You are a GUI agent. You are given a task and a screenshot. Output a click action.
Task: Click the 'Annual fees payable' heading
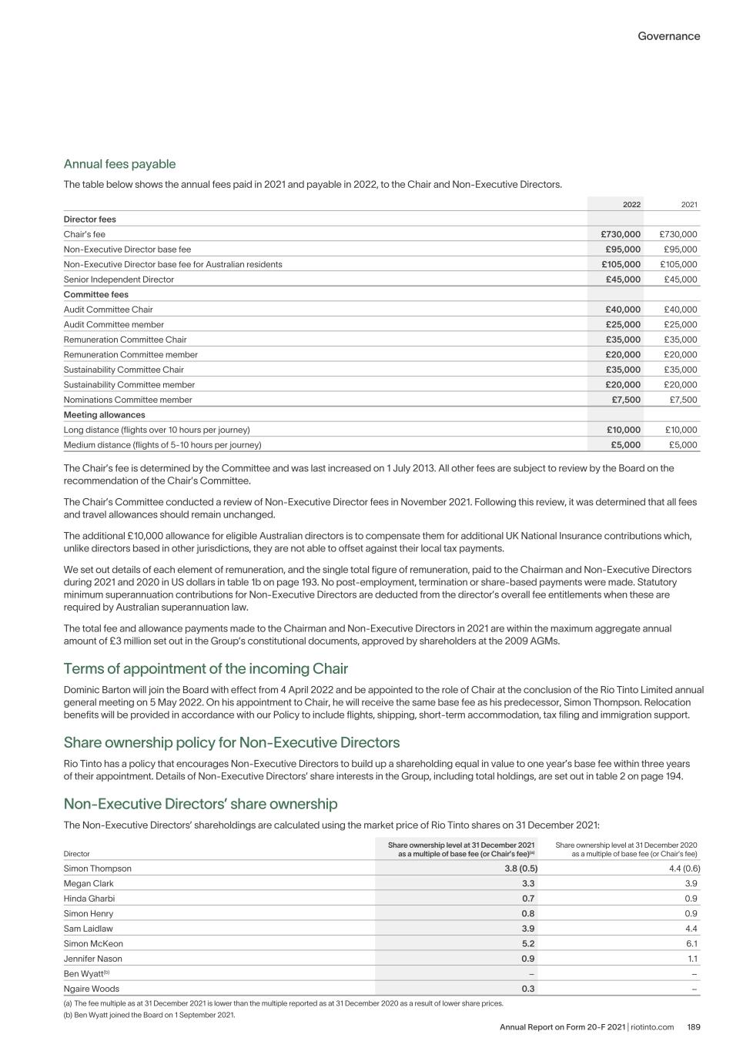coord(119,164)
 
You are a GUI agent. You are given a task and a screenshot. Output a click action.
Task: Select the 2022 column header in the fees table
coord(631,204)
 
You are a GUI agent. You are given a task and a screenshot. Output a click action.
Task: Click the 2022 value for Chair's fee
coord(621,234)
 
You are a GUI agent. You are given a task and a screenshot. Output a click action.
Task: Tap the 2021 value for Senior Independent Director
coord(681,279)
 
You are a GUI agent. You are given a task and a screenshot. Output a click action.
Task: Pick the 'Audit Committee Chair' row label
coord(108,310)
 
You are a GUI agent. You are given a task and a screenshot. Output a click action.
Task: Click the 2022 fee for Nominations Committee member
coord(625,400)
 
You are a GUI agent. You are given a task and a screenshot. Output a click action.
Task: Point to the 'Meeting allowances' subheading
coord(104,415)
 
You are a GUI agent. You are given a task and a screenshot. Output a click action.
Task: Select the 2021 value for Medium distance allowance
coord(682,445)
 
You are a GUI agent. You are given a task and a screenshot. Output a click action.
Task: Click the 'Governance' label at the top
coord(668,36)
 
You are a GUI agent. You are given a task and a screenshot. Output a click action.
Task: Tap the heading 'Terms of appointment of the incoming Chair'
coord(206,668)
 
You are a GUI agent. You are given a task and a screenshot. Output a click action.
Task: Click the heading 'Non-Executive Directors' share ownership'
coord(200,804)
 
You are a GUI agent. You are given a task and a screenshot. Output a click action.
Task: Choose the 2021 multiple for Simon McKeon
coord(527,944)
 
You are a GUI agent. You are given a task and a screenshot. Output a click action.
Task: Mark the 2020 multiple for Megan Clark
coord(691,884)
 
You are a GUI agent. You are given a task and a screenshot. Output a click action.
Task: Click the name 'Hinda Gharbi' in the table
coord(89,899)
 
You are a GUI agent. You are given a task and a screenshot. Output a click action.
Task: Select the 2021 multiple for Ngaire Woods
coord(527,989)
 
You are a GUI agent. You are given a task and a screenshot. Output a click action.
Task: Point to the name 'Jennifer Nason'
coord(92,959)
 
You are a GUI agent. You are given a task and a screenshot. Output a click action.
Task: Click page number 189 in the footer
coord(693,1027)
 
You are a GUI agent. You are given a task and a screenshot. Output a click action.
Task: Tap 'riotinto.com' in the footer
coord(652,1027)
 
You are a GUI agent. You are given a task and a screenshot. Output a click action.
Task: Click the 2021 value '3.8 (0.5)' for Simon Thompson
coord(516,869)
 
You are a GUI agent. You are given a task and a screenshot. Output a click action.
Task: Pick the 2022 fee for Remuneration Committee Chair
coord(623,340)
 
